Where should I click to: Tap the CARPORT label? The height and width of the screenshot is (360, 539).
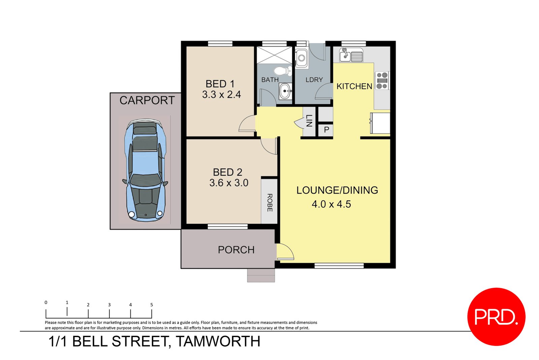click(147, 100)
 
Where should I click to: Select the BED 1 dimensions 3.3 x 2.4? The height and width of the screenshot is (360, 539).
click(221, 95)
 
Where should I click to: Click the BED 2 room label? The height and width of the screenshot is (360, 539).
click(227, 172)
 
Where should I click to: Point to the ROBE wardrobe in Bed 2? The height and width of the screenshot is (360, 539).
click(269, 202)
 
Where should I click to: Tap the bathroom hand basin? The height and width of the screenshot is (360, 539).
click(285, 91)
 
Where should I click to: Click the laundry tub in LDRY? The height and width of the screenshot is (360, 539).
click(301, 58)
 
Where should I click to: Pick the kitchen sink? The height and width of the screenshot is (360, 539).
click(351, 55)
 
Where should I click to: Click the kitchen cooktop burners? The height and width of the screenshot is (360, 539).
click(382, 81)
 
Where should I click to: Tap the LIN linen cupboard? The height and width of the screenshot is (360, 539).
click(309, 121)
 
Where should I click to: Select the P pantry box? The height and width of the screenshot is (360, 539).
click(326, 130)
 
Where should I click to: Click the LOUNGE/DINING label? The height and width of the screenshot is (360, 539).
click(337, 190)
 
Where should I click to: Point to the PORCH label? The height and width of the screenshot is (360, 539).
click(236, 250)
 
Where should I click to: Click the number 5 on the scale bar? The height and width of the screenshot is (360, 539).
click(152, 305)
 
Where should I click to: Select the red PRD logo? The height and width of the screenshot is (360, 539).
click(496, 317)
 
